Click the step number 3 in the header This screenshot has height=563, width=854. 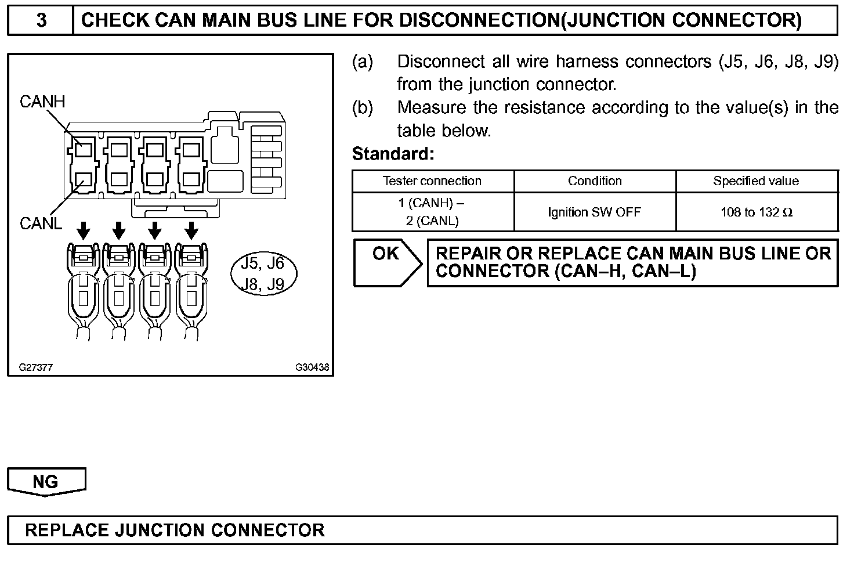pyautogui.click(x=41, y=20)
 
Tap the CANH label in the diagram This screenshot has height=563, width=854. pyautogui.click(x=42, y=102)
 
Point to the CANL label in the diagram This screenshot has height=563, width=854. pyautogui.click(x=41, y=223)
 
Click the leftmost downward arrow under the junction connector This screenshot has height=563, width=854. pyautogui.click(x=84, y=230)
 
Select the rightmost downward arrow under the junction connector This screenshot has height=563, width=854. pyautogui.click(x=191, y=230)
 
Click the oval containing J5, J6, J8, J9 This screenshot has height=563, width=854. pyautogui.click(x=263, y=273)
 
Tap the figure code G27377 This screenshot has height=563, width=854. pyautogui.click(x=36, y=367)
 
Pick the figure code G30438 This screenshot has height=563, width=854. pyautogui.click(x=312, y=367)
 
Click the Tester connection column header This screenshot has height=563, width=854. pyautogui.click(x=432, y=181)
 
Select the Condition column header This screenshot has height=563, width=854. pyautogui.click(x=595, y=181)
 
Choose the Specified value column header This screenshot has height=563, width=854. pyautogui.click(x=756, y=181)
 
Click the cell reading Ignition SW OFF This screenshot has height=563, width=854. pyautogui.click(x=595, y=212)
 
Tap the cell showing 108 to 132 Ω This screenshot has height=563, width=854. pyautogui.click(x=757, y=212)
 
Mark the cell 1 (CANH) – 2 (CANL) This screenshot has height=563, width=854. pyautogui.click(x=432, y=212)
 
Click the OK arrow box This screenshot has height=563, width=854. pyautogui.click(x=387, y=263)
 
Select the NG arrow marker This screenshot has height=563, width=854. pyautogui.click(x=46, y=482)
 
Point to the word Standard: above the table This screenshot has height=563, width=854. pyautogui.click(x=393, y=154)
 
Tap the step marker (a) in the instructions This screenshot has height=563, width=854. pyautogui.click(x=363, y=62)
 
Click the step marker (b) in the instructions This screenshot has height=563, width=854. pyautogui.click(x=363, y=107)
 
